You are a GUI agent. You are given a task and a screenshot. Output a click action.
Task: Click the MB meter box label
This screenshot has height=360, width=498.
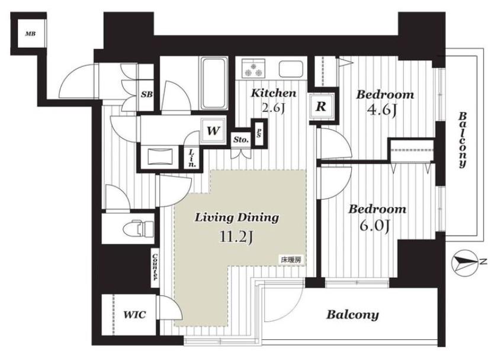(x=30, y=34)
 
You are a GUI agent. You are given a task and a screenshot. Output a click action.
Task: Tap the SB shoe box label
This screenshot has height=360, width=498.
(x=147, y=94)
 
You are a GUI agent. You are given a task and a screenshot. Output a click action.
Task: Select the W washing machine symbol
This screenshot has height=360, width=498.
(x=213, y=130)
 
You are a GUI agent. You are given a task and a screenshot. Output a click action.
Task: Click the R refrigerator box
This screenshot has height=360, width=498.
(x=321, y=107)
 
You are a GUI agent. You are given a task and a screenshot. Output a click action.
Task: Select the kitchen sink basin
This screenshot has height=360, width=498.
(x=291, y=69)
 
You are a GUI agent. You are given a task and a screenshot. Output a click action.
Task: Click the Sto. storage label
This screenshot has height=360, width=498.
(x=241, y=140)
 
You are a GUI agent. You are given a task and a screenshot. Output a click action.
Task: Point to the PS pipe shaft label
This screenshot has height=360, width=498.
(x=259, y=133)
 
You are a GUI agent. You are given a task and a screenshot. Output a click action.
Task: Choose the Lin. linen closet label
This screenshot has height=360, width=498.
(x=192, y=158)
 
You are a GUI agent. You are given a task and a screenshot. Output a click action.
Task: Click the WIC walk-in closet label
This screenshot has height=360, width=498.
(x=134, y=314)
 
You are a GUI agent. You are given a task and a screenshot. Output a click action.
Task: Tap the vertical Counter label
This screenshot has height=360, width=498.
(x=155, y=267)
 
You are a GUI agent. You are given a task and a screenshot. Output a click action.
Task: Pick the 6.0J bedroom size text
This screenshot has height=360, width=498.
(x=375, y=226)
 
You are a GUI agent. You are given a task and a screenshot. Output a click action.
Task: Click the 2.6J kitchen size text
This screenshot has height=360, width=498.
(x=272, y=108)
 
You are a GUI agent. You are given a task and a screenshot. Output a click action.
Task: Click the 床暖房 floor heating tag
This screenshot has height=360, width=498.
(x=290, y=259)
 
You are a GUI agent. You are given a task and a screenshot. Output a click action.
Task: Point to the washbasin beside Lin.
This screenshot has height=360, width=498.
(x=160, y=157)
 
